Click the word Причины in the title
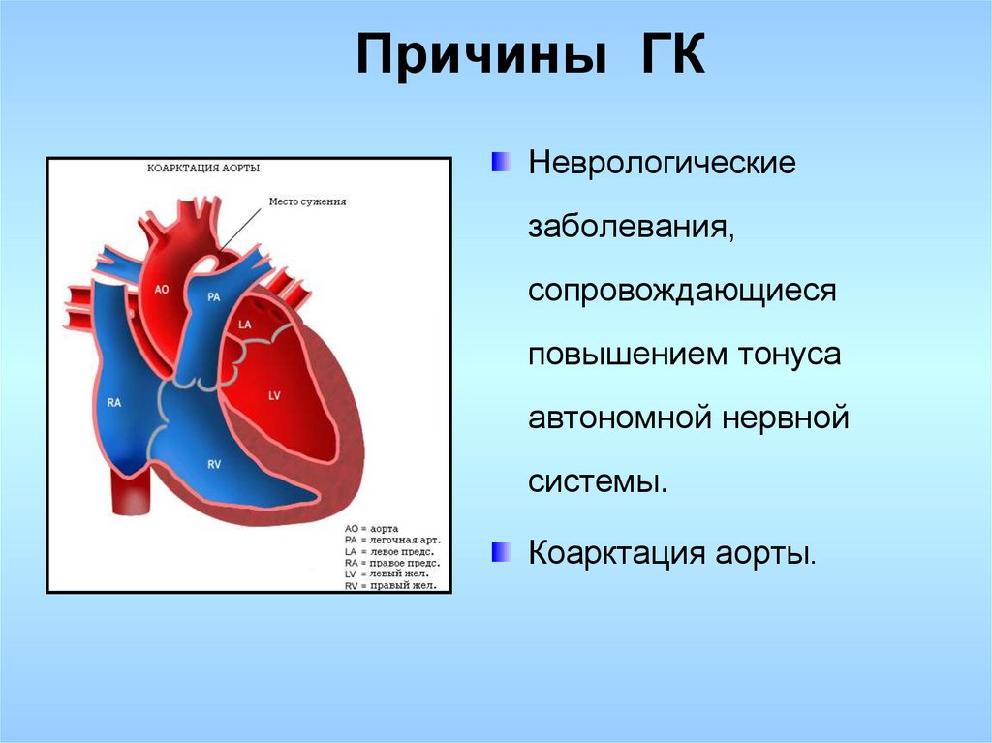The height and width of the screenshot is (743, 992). point(481,54)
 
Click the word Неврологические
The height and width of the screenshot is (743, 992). point(662,163)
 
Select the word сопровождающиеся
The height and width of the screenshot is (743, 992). point(682,292)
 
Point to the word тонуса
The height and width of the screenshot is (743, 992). point(790,354)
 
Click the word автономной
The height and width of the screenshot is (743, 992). point(621,418)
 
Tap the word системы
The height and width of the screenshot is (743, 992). point(598,482)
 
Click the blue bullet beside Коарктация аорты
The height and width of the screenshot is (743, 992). point(501,552)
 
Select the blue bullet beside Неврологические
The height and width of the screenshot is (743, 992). point(501,162)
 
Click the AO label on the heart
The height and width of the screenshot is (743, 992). point(162,290)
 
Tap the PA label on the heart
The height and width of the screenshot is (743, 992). point(214,296)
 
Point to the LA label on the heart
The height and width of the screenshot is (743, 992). point(245,325)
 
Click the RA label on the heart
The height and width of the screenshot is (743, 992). point(114,403)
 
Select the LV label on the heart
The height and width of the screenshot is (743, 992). point(274,396)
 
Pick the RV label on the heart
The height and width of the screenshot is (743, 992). point(214,465)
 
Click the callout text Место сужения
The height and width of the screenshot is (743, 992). point(307,201)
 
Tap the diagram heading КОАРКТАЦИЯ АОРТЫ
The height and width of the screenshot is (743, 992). point(203,169)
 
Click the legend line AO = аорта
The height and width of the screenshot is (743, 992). point(371,529)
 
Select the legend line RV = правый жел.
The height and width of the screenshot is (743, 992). point(390,585)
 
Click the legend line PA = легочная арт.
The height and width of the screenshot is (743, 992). point(393,540)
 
